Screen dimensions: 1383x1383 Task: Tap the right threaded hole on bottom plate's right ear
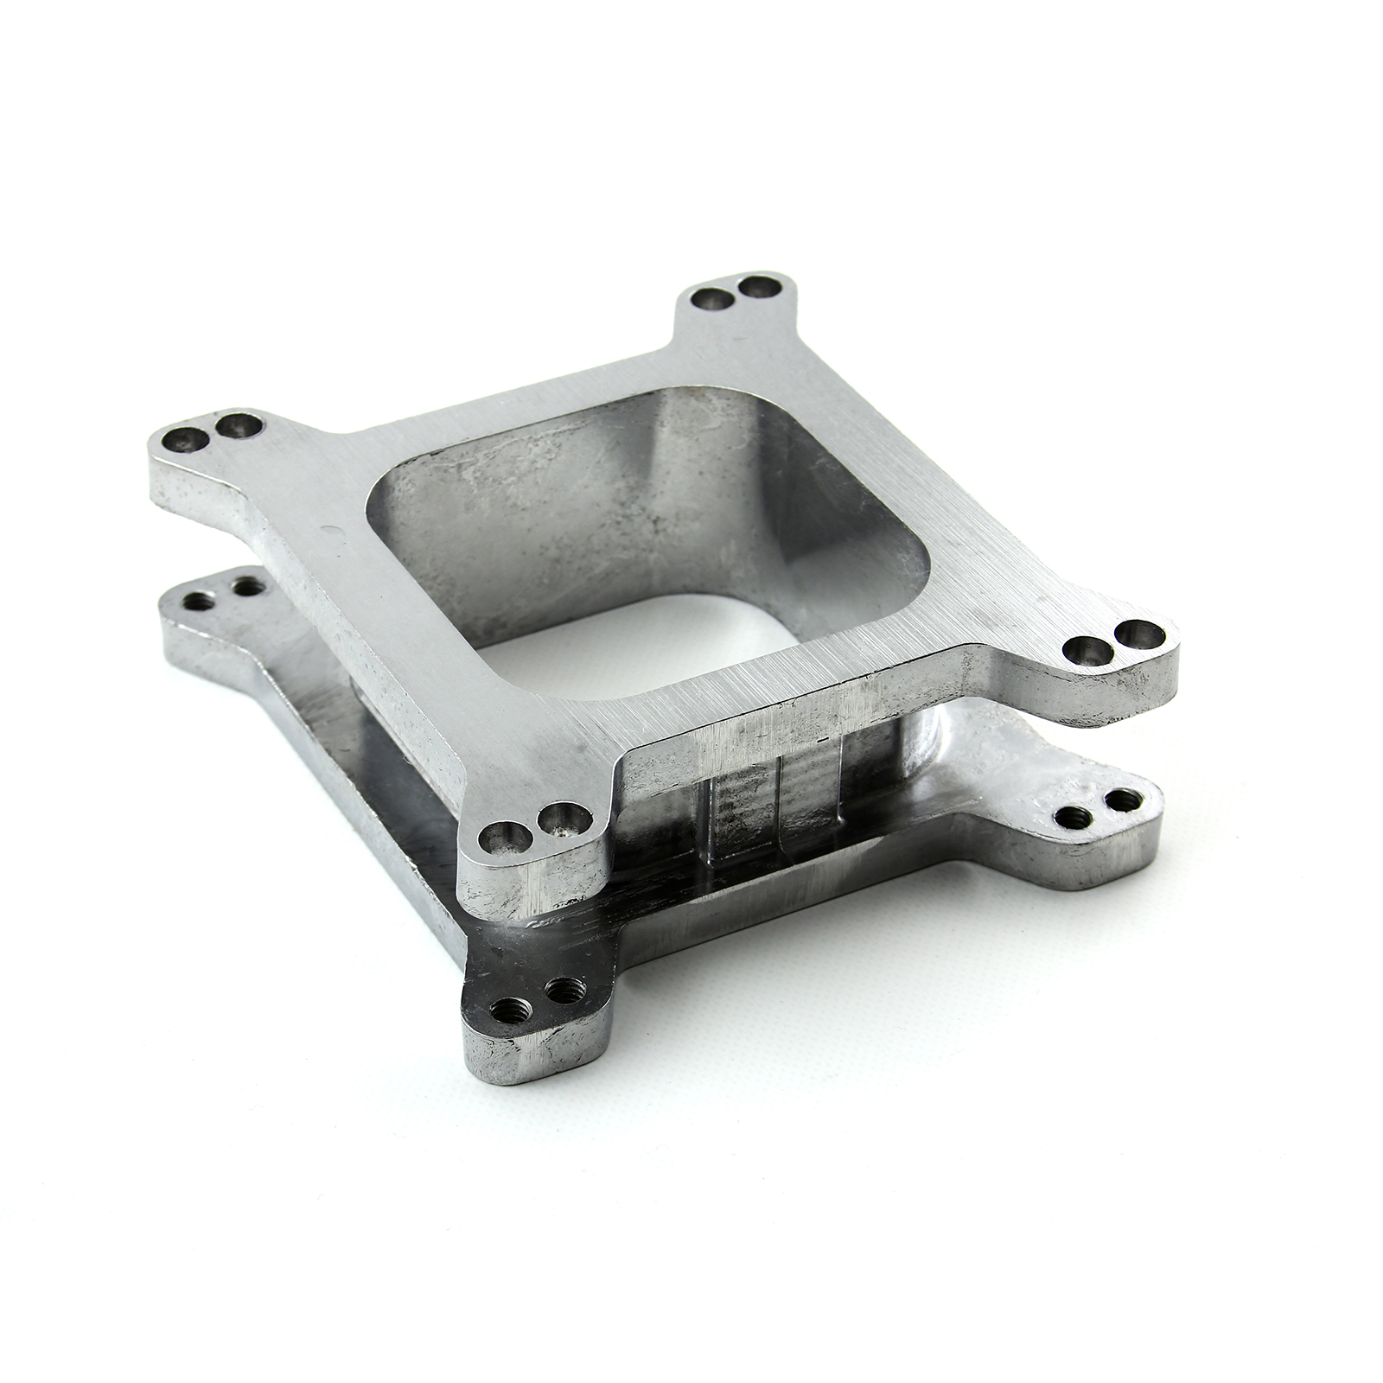(x=1121, y=800)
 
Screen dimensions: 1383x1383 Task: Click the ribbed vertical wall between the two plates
(x=778, y=795)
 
